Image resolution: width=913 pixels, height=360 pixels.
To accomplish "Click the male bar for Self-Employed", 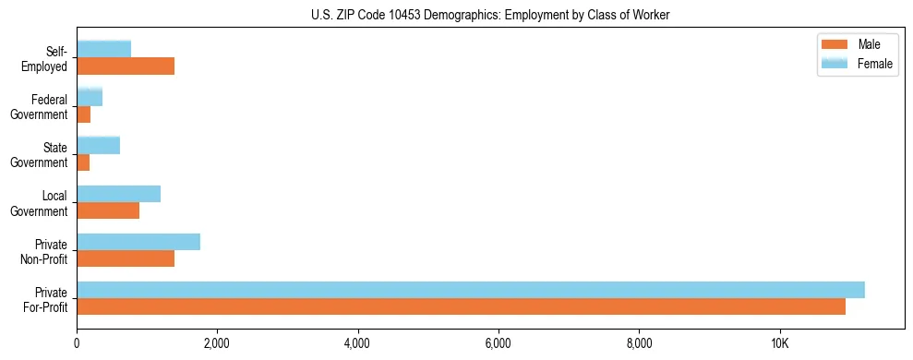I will point(126,66).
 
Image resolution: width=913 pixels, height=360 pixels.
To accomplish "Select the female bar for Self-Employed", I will point(103,49).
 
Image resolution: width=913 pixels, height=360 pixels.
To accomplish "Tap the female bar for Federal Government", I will point(90,97).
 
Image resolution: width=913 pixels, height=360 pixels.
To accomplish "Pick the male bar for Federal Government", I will point(84,114).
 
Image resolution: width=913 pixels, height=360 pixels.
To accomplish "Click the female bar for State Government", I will point(98,145).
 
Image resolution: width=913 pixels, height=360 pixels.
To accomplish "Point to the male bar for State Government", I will point(83,162).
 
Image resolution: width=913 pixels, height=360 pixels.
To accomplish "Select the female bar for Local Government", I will point(118,193).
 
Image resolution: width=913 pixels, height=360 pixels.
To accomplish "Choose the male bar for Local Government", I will point(108,210).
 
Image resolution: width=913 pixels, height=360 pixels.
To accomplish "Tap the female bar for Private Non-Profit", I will point(138,242).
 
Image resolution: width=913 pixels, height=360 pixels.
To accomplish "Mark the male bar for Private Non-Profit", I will point(126,258).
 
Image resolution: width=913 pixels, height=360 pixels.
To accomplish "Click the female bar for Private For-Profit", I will point(471,290).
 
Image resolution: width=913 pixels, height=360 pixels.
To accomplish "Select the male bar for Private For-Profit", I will point(461,306).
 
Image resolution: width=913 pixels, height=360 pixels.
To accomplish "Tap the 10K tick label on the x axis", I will point(779,344).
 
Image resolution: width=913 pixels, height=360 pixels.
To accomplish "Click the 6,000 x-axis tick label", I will point(499,344).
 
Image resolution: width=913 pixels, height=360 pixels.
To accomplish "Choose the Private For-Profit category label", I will point(45,299).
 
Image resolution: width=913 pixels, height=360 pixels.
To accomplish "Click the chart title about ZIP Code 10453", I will point(490,15).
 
